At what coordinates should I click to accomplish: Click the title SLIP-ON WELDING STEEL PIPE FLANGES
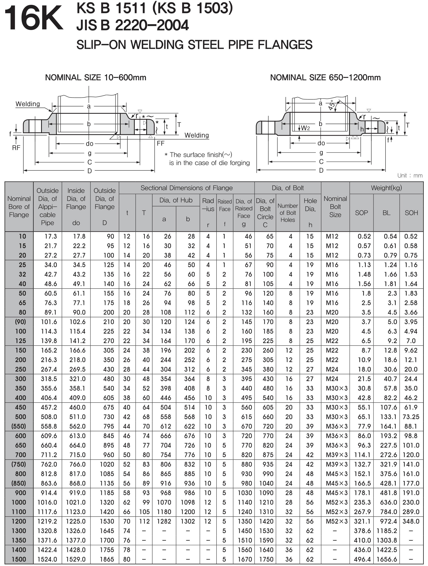[194, 45]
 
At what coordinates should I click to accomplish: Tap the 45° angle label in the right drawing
[332, 105]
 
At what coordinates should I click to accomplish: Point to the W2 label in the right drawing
[305, 128]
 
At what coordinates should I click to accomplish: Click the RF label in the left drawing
[16, 148]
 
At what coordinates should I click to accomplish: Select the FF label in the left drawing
[161, 143]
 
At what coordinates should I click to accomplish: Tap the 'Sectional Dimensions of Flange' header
[187, 188]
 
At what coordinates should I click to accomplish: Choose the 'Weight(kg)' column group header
[386, 188]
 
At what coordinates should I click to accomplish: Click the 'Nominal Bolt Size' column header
[335, 206]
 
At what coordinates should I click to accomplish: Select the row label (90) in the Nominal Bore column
[20, 322]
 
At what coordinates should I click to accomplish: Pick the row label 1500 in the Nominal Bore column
[19, 559]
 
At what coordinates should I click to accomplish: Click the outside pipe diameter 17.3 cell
[51, 236]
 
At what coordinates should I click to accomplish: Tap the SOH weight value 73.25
[411, 417]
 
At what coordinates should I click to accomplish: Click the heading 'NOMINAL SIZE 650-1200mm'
[325, 78]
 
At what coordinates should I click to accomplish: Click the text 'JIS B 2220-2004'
[133, 25]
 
